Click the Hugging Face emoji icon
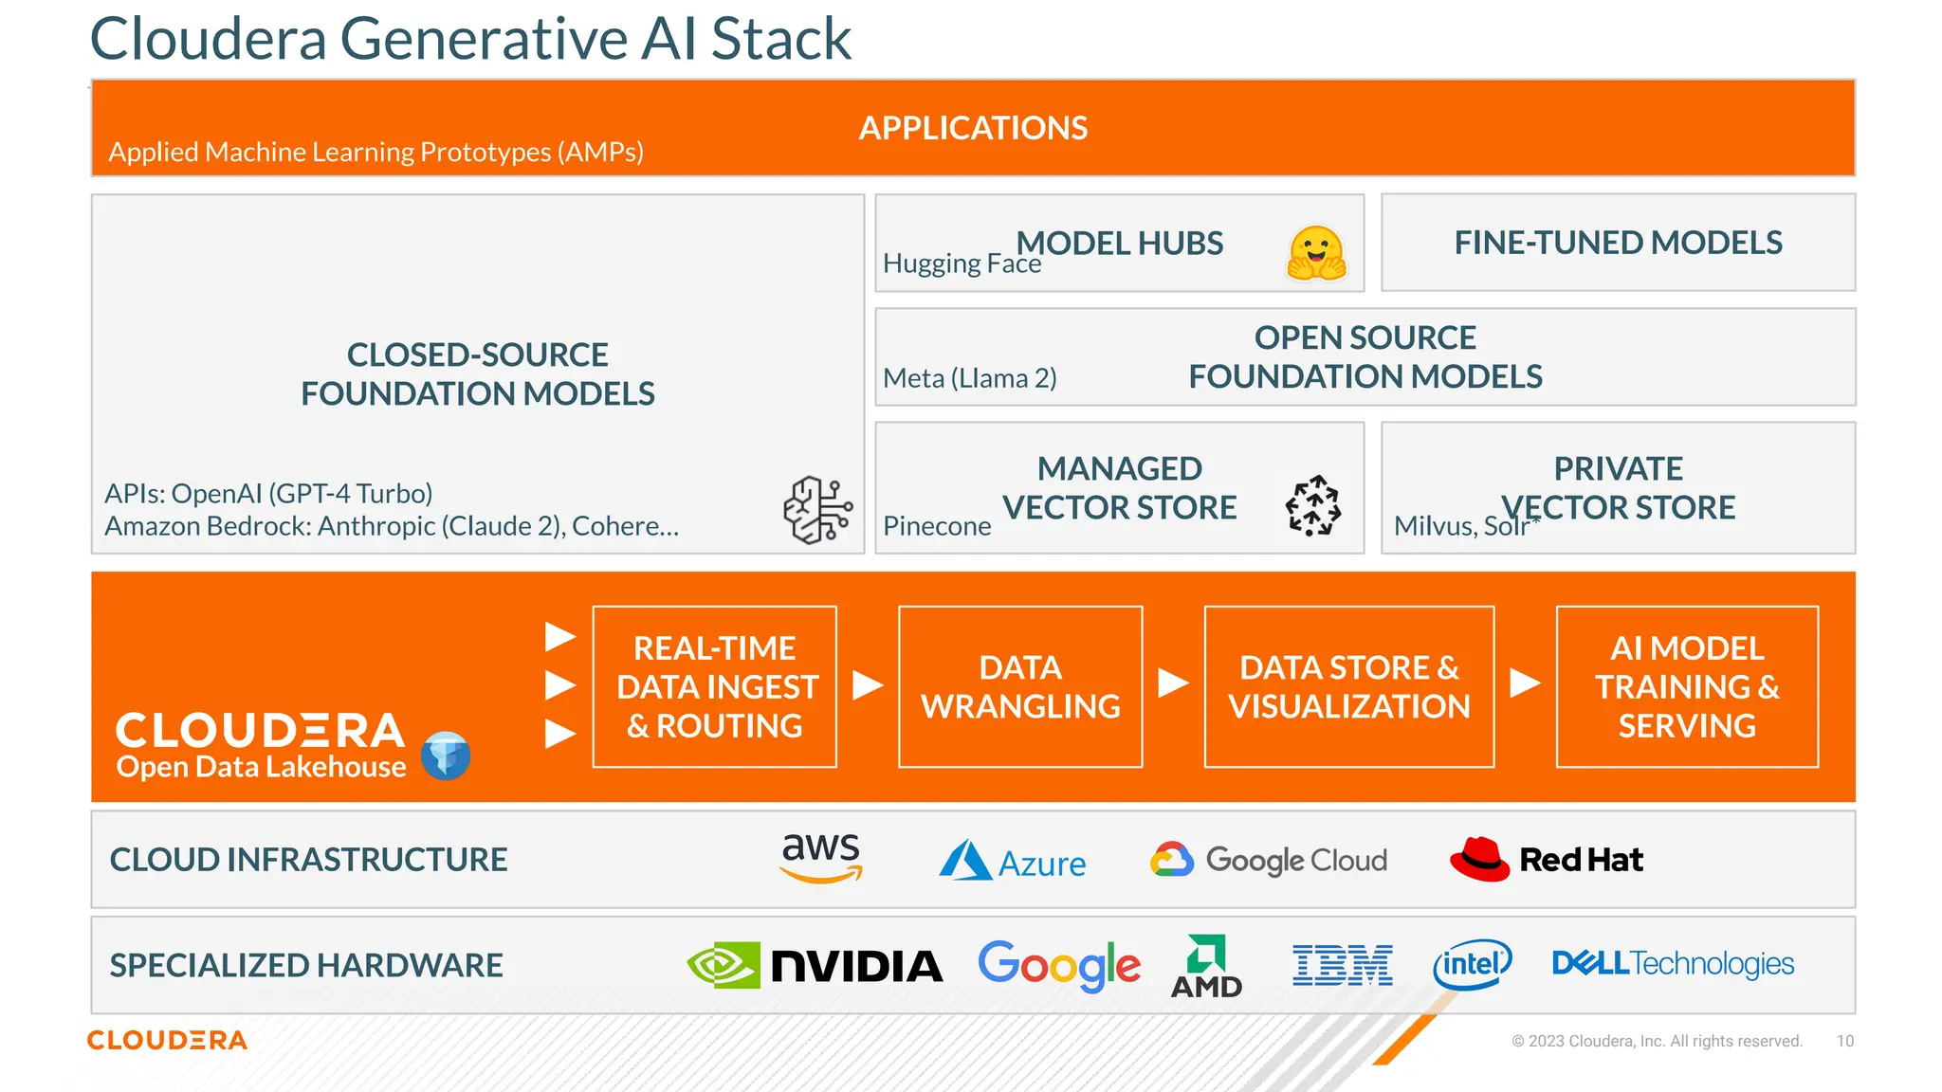(x=1316, y=253)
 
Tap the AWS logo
(x=820, y=856)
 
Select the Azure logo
(x=1013, y=861)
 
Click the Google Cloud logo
(x=1269, y=860)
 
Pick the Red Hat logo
(x=1546, y=860)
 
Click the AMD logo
(x=1206, y=967)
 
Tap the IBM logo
(x=1343, y=965)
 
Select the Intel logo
(x=1472, y=965)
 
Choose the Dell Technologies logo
(x=1673, y=964)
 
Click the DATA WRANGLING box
(x=1020, y=686)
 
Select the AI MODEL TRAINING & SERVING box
(x=1687, y=686)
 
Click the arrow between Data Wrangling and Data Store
(x=1173, y=682)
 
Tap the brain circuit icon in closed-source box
(x=817, y=509)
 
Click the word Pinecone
(x=937, y=526)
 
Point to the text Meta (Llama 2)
(x=969, y=378)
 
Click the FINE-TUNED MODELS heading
(x=1618, y=243)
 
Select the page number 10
(x=1844, y=1041)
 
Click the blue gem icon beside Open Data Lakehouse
(x=446, y=755)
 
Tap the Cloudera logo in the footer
(x=167, y=1040)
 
